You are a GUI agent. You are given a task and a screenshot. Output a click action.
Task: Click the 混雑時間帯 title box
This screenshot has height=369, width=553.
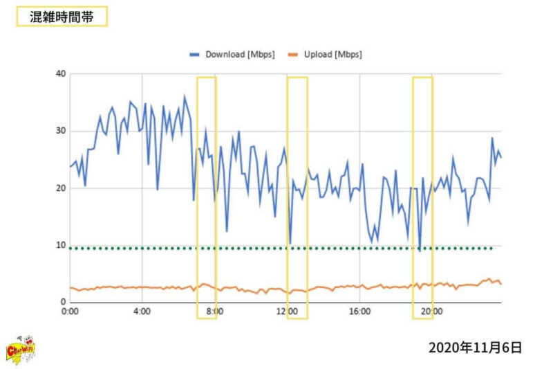62,16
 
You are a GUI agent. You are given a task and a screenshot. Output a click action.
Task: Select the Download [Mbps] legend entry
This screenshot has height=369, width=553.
233,54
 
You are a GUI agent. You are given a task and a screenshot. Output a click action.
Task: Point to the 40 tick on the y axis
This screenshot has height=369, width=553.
60,74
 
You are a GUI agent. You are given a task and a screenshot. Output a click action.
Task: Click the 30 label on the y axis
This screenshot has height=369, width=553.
60,131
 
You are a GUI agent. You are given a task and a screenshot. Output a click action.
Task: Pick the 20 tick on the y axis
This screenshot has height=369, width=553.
60,188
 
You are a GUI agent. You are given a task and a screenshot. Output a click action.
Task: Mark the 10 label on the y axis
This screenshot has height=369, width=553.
60,245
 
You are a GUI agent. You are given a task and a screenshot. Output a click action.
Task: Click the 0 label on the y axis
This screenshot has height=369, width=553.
63,302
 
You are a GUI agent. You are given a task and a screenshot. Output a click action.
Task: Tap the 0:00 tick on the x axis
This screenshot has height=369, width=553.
70,312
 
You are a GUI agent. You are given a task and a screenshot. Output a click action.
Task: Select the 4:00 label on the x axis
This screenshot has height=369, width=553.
142,312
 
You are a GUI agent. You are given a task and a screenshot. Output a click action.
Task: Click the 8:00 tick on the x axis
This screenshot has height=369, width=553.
214,312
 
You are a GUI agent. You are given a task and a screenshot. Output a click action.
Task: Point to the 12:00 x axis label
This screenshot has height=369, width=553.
287,312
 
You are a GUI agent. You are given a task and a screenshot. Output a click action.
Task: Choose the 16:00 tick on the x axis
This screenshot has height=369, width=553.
359,312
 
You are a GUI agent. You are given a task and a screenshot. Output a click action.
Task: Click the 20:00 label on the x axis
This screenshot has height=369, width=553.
432,312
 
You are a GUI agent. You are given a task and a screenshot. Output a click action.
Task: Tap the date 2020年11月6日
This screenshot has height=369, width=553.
475,347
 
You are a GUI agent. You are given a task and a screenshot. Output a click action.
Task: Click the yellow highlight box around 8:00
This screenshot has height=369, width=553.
207,197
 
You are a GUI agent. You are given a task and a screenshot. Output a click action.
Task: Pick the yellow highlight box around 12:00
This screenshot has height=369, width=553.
297,197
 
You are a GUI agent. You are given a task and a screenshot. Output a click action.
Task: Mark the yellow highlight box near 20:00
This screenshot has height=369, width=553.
422,197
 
